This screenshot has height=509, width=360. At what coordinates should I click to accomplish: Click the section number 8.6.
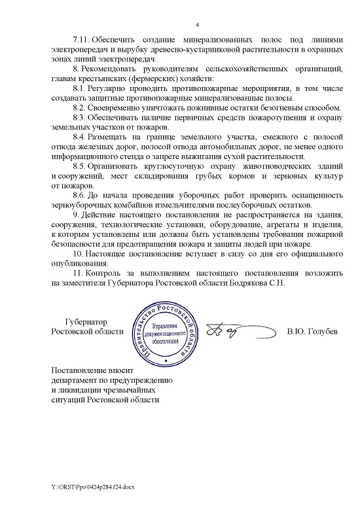click(x=79, y=195)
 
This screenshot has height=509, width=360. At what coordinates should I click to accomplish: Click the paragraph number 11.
click(x=78, y=272)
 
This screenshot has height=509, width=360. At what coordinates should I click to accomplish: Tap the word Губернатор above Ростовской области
click(x=88, y=321)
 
